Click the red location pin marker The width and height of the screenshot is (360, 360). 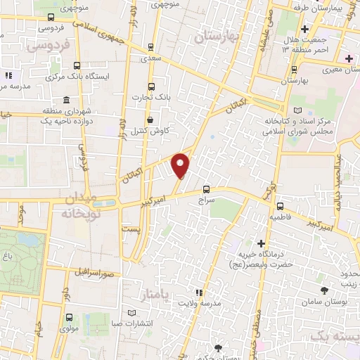(181, 166)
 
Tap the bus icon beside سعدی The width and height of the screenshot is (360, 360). (151, 48)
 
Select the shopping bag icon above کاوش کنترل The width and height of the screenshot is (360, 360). (151, 120)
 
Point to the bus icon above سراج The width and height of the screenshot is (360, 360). (206, 188)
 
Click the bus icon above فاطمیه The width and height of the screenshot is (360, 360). (281, 206)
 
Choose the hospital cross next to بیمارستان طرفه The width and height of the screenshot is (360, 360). (304, 29)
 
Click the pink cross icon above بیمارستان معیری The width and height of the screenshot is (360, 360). (349, 58)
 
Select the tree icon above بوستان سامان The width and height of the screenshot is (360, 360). (323, 290)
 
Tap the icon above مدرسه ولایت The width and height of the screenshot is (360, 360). (199, 292)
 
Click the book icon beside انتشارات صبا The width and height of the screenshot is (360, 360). (131, 312)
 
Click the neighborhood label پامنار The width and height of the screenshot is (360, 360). (155, 292)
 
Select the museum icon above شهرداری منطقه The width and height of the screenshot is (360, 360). (66, 99)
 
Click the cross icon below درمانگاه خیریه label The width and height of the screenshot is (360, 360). (262, 283)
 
